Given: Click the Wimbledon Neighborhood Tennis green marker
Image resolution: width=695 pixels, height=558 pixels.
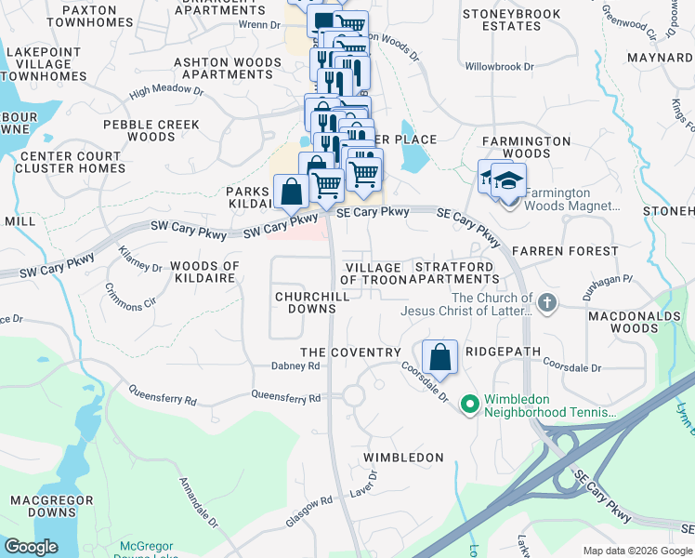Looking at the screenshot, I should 469,404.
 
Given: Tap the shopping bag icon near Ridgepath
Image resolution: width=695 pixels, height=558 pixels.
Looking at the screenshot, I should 439,357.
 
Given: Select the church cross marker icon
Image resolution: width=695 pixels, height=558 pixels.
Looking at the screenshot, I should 547,302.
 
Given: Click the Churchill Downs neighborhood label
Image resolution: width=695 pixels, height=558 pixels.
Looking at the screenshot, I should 305,302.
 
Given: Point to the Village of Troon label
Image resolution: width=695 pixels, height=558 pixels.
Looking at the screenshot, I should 371,273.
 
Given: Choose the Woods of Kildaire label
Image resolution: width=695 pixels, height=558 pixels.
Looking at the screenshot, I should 204,272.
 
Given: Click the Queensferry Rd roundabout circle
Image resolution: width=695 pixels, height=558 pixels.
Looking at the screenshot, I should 353,395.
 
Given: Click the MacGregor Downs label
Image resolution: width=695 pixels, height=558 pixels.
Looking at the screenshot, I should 43,506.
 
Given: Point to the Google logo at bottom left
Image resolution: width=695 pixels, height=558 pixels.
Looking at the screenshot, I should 31,546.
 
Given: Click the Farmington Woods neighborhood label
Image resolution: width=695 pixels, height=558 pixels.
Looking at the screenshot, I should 526,147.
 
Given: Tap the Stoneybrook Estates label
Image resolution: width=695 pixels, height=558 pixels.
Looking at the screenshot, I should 514,20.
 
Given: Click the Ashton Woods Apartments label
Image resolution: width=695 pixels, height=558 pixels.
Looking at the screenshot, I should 215,69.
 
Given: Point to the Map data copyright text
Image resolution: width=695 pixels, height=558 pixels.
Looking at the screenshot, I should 637,550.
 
